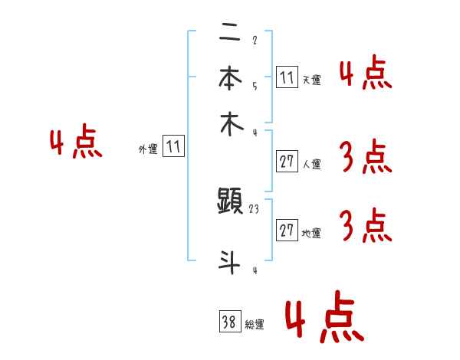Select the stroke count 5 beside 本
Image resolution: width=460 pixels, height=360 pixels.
click(x=254, y=86)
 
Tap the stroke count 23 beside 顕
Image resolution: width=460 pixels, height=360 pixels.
click(x=255, y=208)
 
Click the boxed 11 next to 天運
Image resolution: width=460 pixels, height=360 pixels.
click(x=287, y=77)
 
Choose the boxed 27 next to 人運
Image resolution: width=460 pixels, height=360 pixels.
click(x=287, y=162)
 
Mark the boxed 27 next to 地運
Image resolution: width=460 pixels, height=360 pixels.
click(x=287, y=231)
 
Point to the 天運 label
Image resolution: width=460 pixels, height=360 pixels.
click(x=311, y=80)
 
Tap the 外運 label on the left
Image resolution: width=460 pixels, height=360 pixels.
click(x=148, y=149)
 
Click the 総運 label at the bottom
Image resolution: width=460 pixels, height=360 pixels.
click(x=255, y=325)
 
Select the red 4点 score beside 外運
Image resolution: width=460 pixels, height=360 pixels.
click(x=76, y=144)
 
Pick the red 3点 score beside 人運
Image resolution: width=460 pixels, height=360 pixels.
click(x=365, y=158)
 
